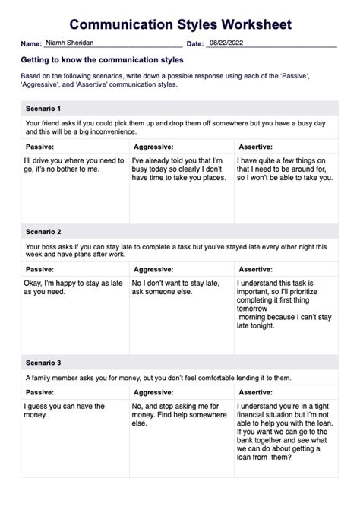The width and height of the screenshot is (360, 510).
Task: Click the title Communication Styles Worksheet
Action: [x=180, y=24]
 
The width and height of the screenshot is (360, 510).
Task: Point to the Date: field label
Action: [x=194, y=44]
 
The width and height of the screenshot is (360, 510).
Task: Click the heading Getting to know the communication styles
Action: [x=103, y=59]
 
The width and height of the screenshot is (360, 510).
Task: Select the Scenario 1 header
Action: [x=43, y=109]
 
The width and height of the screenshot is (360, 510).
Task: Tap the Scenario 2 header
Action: [x=43, y=231]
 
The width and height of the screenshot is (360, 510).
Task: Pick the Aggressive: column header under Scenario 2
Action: [x=154, y=268]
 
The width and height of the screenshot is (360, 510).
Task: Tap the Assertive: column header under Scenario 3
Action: [x=255, y=392]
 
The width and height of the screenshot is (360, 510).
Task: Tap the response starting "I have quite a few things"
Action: [x=284, y=169]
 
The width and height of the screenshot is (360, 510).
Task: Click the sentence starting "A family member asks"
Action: [x=158, y=377]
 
